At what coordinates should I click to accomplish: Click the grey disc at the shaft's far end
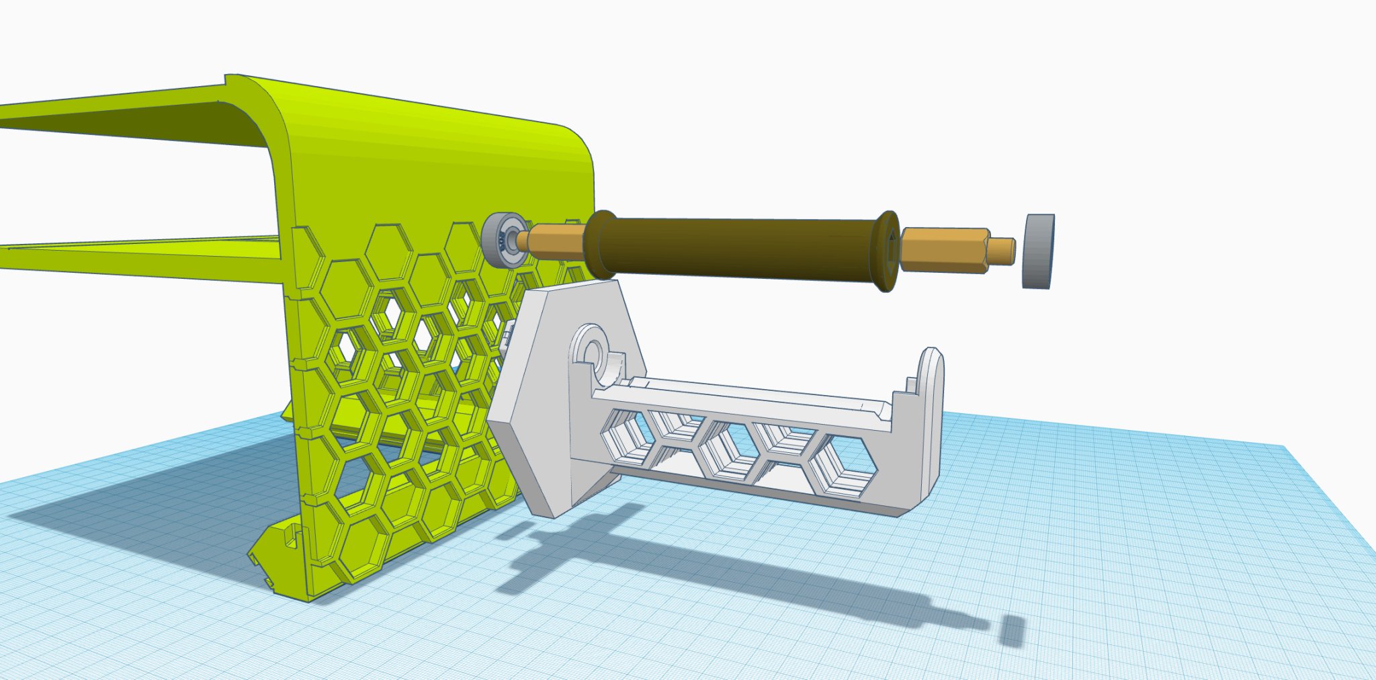pyautogui.click(x=1038, y=251)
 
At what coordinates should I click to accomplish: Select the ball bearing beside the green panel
pyautogui.click(x=503, y=241)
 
